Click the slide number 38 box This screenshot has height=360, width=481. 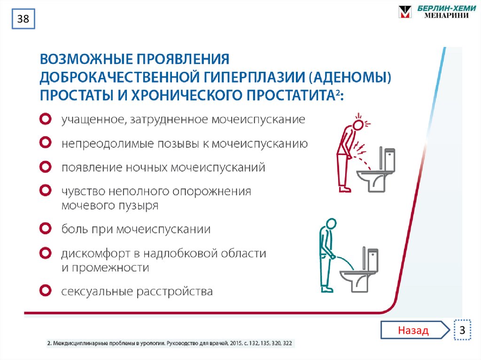point(23,20)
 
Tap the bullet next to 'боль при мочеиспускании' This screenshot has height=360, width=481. point(45,229)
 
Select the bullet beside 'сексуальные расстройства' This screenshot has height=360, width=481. point(45,291)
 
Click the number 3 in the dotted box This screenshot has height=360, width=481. point(463,330)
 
